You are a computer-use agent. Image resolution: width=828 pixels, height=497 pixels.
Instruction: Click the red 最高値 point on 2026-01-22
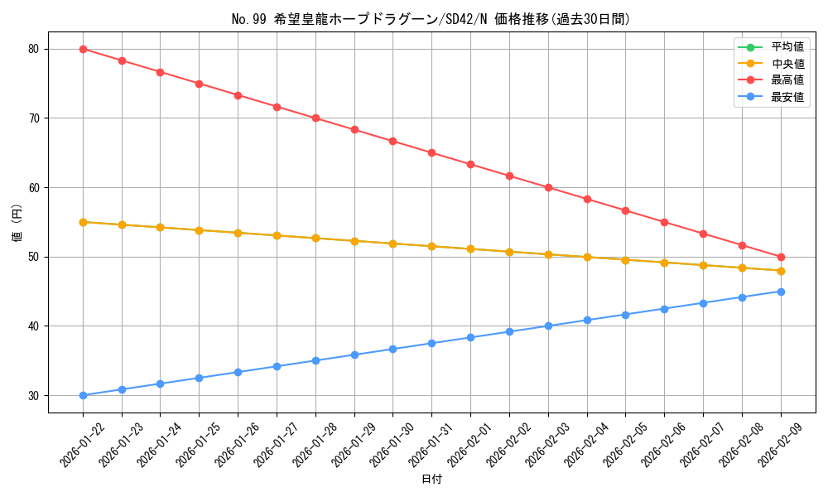pos(83,49)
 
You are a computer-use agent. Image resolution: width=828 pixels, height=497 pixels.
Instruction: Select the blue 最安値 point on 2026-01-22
pos(83,395)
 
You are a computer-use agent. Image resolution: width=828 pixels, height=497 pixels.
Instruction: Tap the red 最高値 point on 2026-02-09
pos(781,257)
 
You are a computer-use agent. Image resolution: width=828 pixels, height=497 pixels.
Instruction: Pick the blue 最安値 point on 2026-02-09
pos(781,292)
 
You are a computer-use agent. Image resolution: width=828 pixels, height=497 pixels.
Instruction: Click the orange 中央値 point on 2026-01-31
pos(431,246)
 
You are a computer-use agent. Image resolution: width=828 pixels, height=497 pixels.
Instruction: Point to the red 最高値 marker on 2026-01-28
pos(315,118)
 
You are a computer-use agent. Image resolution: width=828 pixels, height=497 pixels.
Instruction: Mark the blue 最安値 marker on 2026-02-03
pos(548,326)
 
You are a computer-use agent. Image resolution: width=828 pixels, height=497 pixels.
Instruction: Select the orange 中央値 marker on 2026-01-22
pos(83,222)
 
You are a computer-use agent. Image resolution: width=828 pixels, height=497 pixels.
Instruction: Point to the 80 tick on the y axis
pos(33,49)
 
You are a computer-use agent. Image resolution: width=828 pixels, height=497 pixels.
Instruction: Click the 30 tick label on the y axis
pos(33,395)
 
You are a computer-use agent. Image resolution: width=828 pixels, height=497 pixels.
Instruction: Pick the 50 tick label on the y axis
pos(33,257)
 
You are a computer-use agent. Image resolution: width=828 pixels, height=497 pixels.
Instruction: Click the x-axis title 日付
pos(431,480)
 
